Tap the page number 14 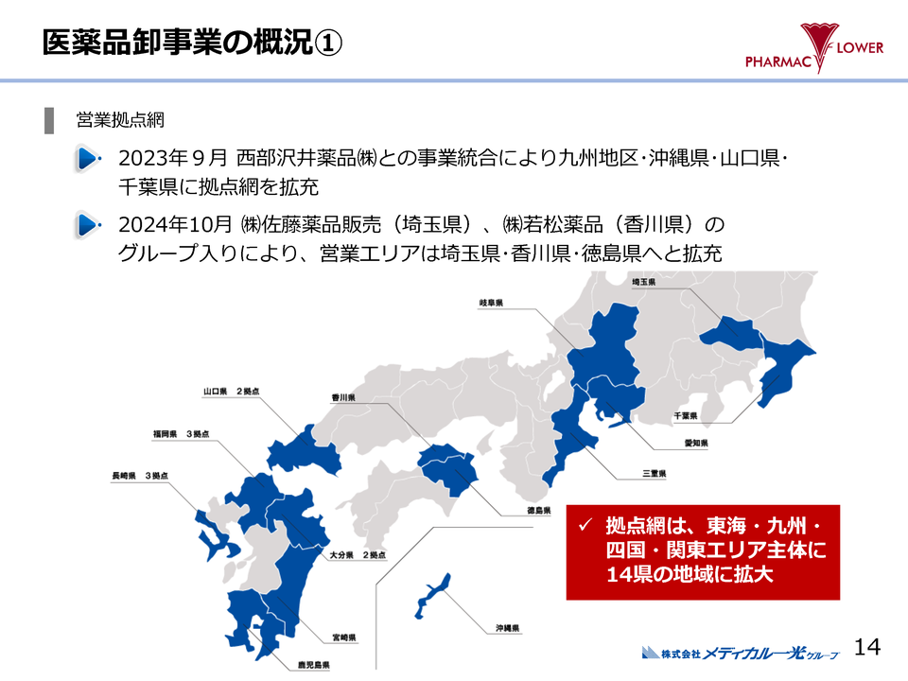tap(866, 647)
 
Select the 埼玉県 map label tap(644, 282)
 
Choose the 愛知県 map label tap(696, 443)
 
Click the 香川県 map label tap(342, 398)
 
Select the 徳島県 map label tap(538, 511)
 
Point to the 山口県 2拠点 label tap(231, 391)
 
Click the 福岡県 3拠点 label tap(181, 433)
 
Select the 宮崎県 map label tap(341, 637)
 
